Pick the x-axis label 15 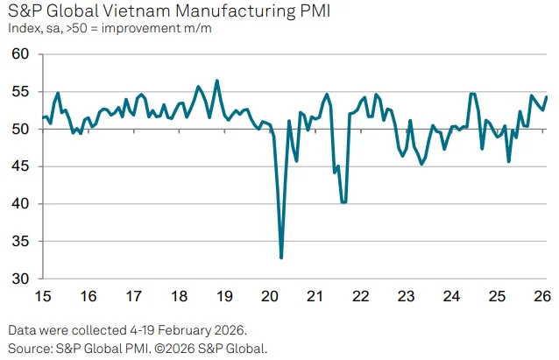(x=42, y=296)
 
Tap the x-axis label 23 (x=406, y=296)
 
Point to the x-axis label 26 (x=542, y=296)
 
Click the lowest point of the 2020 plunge (x=281, y=258)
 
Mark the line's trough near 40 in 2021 (x=343, y=202)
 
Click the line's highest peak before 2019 (x=217, y=81)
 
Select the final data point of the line (x=547, y=96)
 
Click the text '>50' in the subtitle (x=86, y=28)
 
